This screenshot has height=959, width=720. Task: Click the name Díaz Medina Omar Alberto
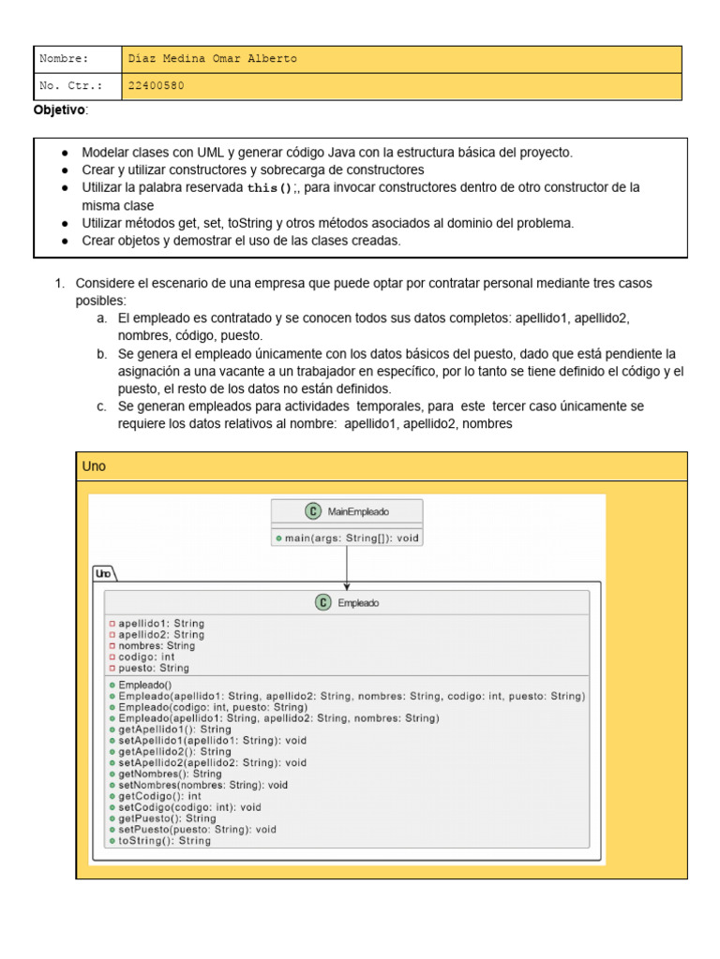[x=213, y=58]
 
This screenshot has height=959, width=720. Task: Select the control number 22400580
[x=157, y=85]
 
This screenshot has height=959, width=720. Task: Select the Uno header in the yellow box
[x=94, y=466]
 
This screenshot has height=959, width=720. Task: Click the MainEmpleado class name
[x=358, y=511]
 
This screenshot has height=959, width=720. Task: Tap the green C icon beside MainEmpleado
[x=312, y=511]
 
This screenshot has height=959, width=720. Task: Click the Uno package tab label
[x=103, y=572]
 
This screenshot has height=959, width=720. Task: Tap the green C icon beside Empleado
[x=322, y=603]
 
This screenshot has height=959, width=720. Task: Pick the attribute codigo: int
[x=146, y=657]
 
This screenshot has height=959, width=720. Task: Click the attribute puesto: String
[x=153, y=669]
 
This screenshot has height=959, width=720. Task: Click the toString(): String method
[x=164, y=841]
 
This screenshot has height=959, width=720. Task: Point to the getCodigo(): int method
[x=159, y=796]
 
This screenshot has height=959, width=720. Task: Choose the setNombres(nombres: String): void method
[x=202, y=785]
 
